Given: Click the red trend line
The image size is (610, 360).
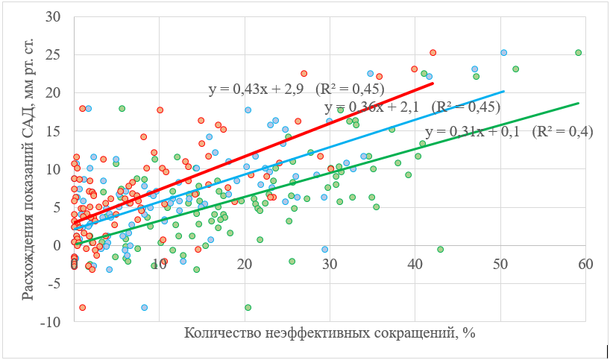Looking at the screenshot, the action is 254,153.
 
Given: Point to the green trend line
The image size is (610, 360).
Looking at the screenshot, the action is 327,174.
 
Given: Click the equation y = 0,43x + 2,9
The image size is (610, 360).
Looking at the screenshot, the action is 256,89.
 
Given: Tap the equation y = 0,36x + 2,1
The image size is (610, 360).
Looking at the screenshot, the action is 371,107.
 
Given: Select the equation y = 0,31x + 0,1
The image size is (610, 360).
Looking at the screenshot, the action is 472,132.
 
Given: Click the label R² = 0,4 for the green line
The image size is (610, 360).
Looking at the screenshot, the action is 562,132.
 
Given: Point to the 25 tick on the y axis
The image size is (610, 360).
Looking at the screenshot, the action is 53,55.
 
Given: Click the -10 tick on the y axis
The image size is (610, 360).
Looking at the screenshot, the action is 50,322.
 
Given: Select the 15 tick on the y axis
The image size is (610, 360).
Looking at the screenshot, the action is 53,131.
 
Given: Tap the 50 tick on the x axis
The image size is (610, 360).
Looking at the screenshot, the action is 500,265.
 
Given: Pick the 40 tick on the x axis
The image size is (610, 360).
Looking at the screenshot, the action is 415,265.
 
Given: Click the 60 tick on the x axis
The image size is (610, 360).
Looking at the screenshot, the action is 585,265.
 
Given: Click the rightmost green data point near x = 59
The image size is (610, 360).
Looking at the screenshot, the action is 578,52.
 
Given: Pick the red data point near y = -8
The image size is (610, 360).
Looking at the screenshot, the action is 82,308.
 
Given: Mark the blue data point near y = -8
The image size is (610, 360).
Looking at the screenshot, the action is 145,308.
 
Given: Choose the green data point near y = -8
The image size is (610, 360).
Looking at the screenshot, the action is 248,308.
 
